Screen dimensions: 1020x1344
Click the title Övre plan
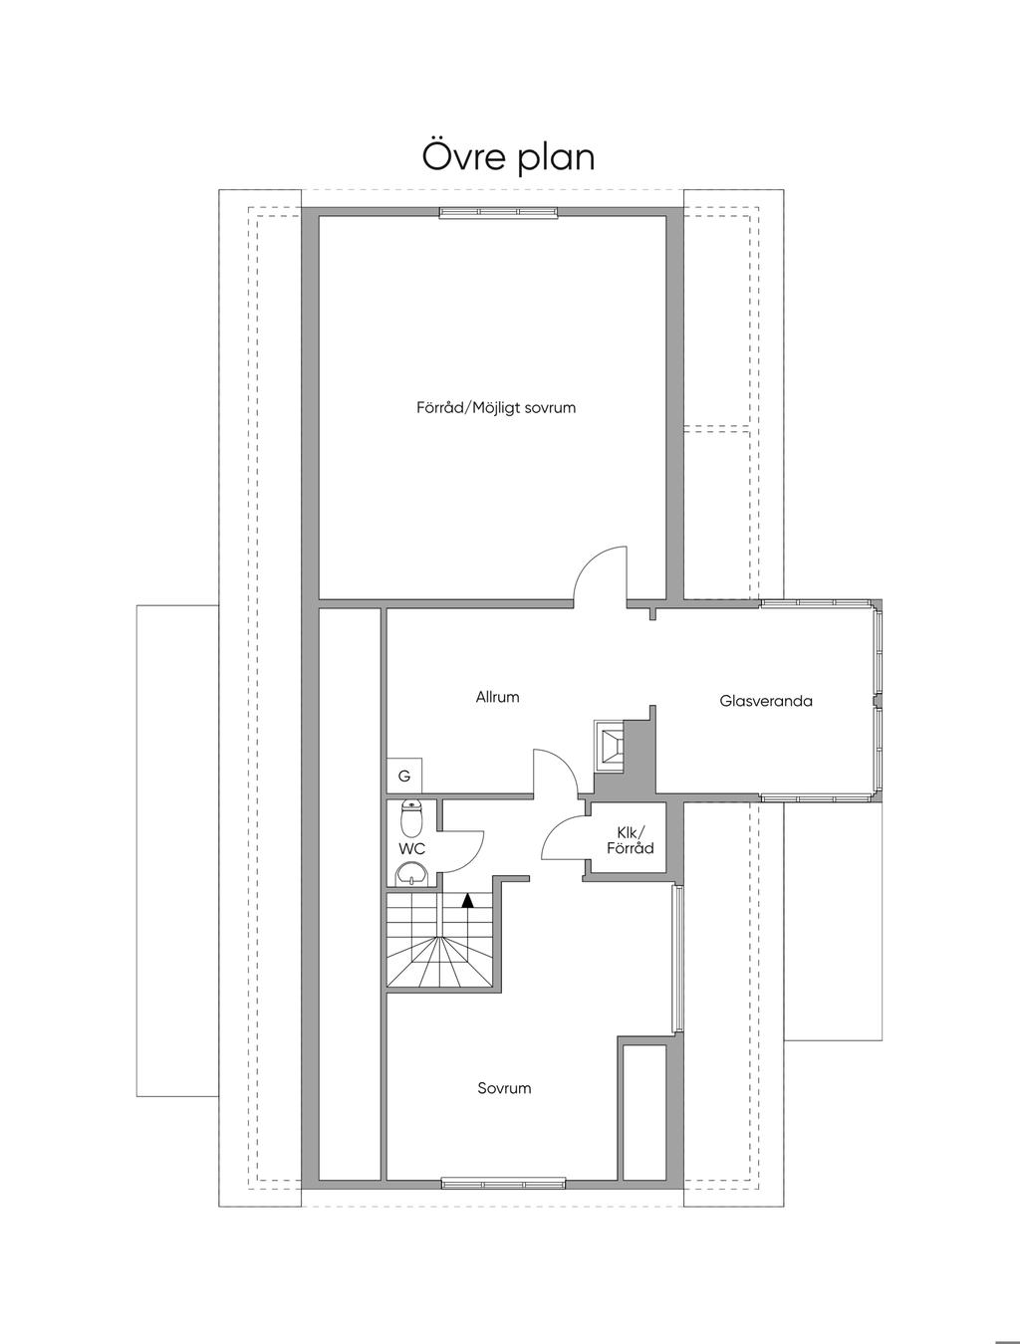[508, 157]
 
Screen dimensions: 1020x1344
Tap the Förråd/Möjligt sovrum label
[496, 408]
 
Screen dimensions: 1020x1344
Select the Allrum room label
[497, 697]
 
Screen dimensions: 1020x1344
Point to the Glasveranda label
[766, 701]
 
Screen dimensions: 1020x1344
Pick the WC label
[411, 849]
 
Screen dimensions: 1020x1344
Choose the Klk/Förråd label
[631, 840]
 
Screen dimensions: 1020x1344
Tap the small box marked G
[404, 776]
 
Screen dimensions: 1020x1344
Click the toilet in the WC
[411, 818]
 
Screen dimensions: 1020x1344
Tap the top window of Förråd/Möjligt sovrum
[499, 212]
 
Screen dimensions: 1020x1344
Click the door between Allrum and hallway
[555, 773]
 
